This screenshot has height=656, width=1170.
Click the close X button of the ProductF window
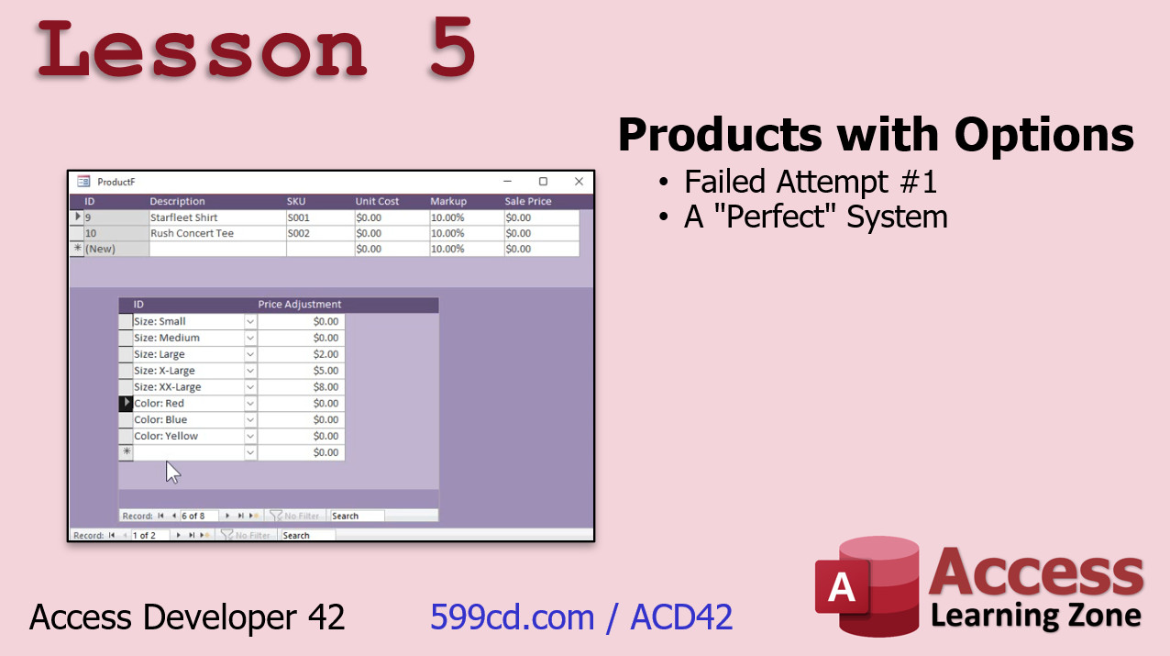point(579,182)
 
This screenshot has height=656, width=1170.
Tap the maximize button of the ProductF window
point(543,182)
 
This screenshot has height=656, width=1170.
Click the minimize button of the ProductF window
point(508,182)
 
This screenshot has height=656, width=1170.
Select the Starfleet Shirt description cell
point(217,217)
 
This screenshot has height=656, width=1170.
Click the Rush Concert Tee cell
point(217,233)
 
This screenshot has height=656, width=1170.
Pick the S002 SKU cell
point(320,233)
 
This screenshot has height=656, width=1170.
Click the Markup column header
point(448,201)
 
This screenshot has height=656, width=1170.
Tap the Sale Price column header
point(527,201)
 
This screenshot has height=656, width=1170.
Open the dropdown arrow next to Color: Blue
point(250,419)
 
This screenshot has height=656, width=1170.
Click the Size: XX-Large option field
point(188,387)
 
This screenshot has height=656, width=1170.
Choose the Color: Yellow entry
point(188,436)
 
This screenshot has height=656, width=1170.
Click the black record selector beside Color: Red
point(126,403)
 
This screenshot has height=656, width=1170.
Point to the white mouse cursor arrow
point(171,472)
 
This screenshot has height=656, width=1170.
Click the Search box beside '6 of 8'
point(358,516)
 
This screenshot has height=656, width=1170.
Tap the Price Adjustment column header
point(299,305)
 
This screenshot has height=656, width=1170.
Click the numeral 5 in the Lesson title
point(452,47)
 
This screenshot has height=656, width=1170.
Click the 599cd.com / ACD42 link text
point(581,617)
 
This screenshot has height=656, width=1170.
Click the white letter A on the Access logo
point(842,586)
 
